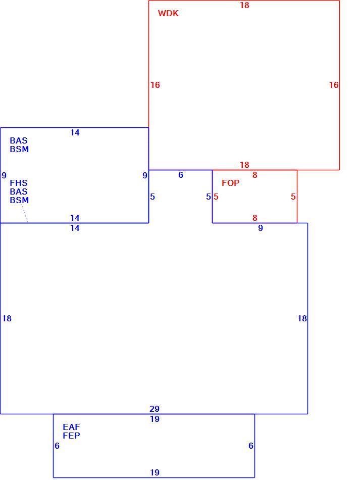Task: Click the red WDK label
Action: pyautogui.click(x=168, y=14)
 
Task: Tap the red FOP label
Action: pyautogui.click(x=230, y=183)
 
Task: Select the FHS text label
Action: pyautogui.click(x=19, y=183)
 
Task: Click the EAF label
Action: pyautogui.click(x=71, y=427)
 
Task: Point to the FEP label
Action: pyautogui.click(x=71, y=436)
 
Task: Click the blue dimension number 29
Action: pyautogui.click(x=155, y=409)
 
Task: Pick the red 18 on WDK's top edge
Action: pyautogui.click(x=244, y=5)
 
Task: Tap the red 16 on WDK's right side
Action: pyautogui.click(x=334, y=85)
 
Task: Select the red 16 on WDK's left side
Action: pyautogui.click(x=155, y=85)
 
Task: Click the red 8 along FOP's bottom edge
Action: pyautogui.click(x=255, y=218)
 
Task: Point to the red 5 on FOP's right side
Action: pyautogui.click(x=293, y=197)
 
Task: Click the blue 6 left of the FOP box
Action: pyautogui.click(x=181, y=175)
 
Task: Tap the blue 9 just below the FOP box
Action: pyautogui.click(x=261, y=228)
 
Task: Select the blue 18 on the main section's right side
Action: pyautogui.click(x=302, y=319)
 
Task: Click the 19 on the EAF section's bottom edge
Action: pyautogui.click(x=155, y=472)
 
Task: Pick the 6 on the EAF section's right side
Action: pyautogui.click(x=251, y=446)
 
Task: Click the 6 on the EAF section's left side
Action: pyautogui.click(x=57, y=446)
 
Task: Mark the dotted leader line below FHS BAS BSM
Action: pyautogui.click(x=24, y=213)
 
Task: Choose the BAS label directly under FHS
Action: pyautogui.click(x=19, y=191)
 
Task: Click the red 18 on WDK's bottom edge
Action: pyautogui.click(x=244, y=165)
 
